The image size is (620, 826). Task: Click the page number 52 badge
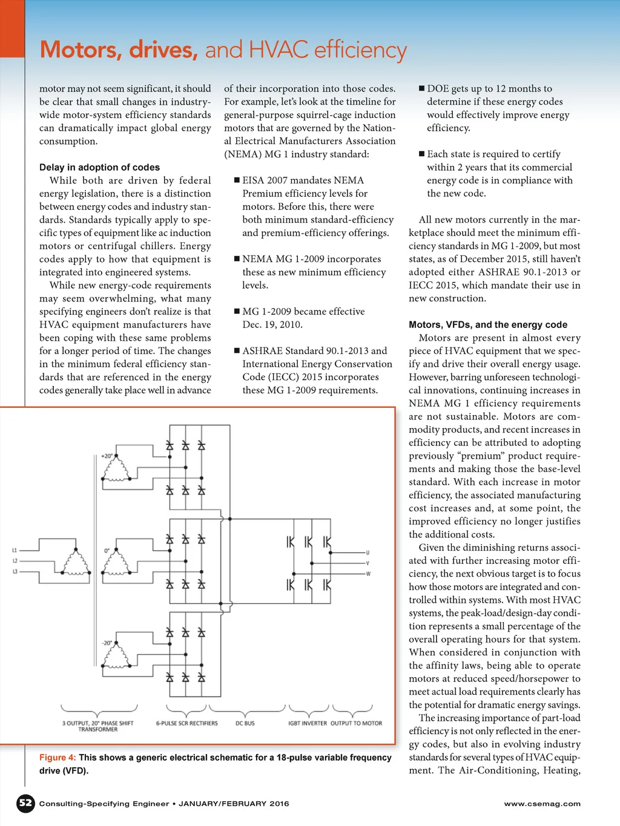[x=25, y=803]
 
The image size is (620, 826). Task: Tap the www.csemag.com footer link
[x=542, y=804]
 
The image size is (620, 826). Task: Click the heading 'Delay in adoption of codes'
[x=99, y=167]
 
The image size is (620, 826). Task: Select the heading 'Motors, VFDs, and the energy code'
[x=488, y=324]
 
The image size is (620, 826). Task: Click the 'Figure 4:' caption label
[x=58, y=757]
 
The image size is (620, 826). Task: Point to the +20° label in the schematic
[x=107, y=456]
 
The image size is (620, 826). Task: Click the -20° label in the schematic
[x=107, y=643]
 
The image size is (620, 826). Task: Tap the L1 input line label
[x=15, y=550]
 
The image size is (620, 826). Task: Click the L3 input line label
[x=15, y=571]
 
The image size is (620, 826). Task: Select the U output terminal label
[x=368, y=552]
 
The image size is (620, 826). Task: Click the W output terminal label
[x=368, y=574]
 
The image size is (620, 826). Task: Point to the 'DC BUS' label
[x=245, y=723]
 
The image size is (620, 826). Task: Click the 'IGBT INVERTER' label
[x=307, y=723]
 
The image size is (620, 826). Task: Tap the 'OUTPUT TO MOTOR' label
[x=356, y=723]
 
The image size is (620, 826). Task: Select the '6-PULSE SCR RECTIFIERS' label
[x=186, y=723]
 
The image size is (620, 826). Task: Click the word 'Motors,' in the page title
[x=81, y=50]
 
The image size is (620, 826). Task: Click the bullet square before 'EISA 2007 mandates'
[x=237, y=180]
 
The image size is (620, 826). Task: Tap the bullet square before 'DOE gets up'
[x=421, y=88]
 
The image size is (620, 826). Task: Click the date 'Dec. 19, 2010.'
[x=272, y=324]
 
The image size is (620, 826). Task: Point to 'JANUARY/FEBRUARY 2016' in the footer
[x=234, y=804]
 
